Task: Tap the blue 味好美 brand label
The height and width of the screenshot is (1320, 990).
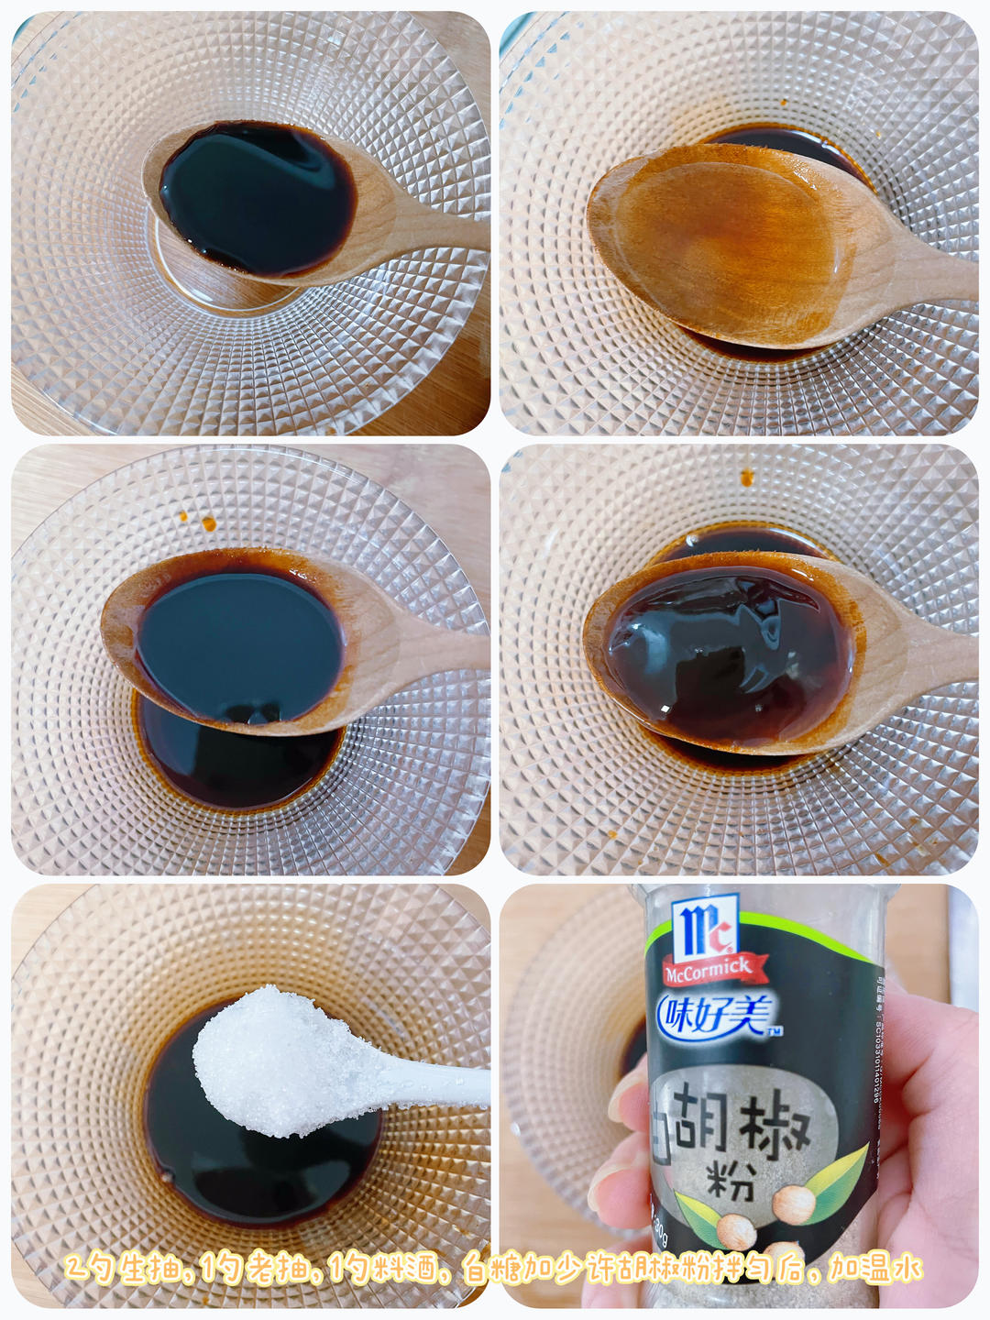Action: tap(716, 1015)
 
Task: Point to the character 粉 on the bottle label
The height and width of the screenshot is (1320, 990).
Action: tap(731, 1181)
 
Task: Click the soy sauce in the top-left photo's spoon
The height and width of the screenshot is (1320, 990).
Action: tap(257, 197)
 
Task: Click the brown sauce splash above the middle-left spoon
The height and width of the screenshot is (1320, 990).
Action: tap(209, 523)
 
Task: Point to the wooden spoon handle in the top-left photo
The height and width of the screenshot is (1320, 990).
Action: tap(431, 229)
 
